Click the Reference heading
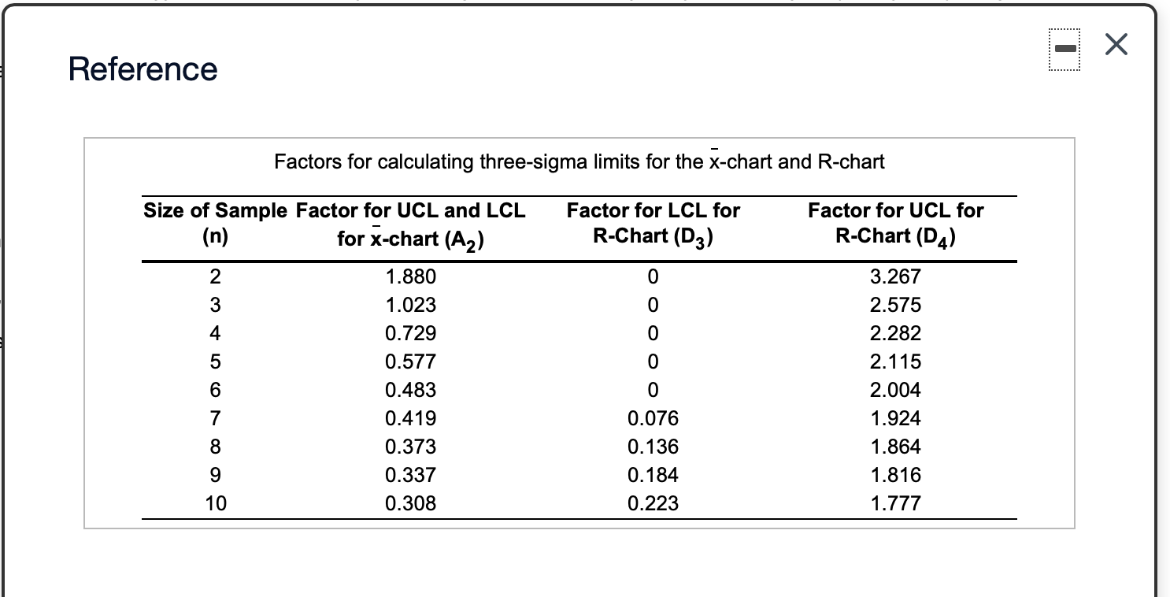coord(143,69)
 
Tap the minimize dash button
coord(1064,48)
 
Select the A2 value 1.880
coord(410,277)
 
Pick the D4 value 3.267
coord(895,277)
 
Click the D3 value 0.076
coord(653,419)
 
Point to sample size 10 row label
coord(216,504)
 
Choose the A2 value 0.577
coord(410,362)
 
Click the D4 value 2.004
coord(895,391)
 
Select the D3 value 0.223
coord(653,504)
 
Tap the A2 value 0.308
coord(410,504)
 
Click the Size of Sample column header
coord(216,211)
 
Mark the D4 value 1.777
coord(895,504)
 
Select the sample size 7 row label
coord(216,419)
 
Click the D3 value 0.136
coord(653,447)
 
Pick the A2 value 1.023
coord(410,306)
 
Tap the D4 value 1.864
coord(895,447)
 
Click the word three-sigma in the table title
coord(521,162)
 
